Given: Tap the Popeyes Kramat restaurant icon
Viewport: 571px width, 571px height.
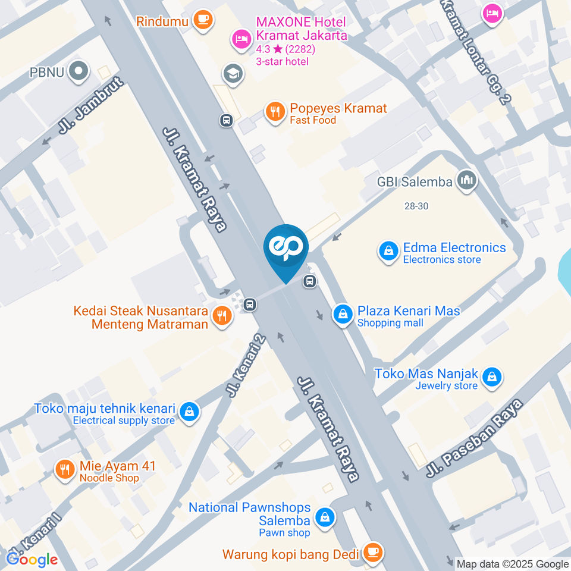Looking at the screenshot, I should (274, 111).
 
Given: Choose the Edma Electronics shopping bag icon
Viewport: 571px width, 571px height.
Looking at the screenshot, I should (388, 252).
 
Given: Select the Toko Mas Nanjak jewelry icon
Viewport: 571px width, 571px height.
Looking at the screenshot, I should (492, 377).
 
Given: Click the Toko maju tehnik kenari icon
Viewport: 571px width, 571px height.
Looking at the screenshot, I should (189, 411).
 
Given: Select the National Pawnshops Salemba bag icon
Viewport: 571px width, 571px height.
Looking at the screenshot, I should (325, 517).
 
